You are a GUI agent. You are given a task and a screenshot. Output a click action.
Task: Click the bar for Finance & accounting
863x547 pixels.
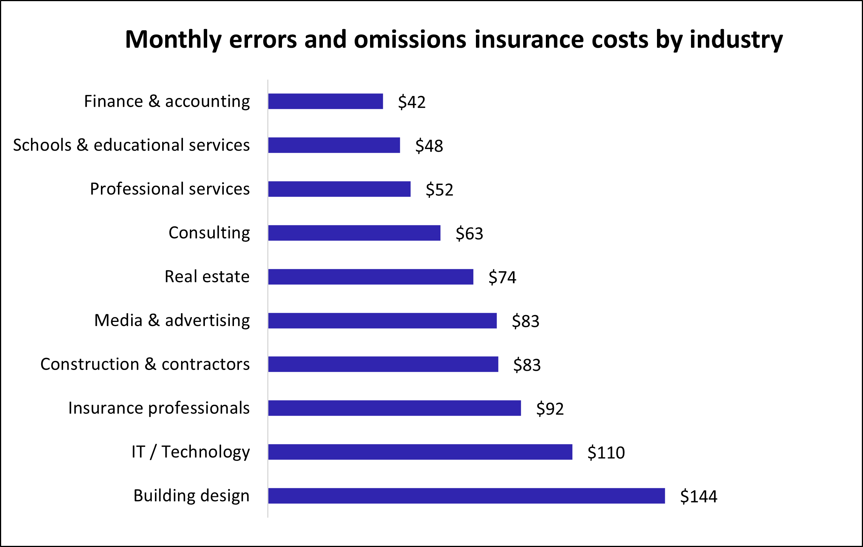[x=325, y=101]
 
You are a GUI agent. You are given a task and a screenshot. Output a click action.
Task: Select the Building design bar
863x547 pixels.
[x=466, y=496]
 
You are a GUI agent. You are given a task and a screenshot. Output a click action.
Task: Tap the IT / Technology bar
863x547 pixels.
[x=420, y=452]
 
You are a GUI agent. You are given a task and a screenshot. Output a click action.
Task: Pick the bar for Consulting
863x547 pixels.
[x=354, y=233]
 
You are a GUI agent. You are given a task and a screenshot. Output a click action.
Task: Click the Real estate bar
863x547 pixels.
[x=370, y=277]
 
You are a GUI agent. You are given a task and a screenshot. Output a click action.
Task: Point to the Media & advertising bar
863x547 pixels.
[x=382, y=321]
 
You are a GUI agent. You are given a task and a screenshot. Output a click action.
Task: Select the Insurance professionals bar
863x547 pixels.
[x=394, y=408]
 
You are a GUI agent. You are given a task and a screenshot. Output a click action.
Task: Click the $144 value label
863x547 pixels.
[x=699, y=496]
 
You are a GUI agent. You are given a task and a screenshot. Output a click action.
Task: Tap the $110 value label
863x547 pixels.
[x=606, y=452]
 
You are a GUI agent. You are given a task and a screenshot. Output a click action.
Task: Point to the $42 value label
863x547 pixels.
[x=412, y=102]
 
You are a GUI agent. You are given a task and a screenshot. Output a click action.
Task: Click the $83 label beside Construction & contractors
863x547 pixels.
[x=527, y=365]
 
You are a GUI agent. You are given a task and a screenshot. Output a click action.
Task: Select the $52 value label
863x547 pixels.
[x=439, y=190]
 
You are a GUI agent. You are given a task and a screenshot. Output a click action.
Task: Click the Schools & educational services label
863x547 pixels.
[x=131, y=145]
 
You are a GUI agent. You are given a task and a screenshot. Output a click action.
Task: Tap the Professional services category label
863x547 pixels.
[x=170, y=189]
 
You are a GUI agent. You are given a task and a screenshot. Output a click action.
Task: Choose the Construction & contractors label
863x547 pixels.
[x=145, y=364]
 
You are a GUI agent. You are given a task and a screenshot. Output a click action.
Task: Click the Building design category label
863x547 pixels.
[x=191, y=496]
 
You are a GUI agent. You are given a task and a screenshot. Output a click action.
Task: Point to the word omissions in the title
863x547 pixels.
[x=410, y=40]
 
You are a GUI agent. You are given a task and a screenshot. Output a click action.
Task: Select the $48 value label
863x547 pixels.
[x=429, y=146]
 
